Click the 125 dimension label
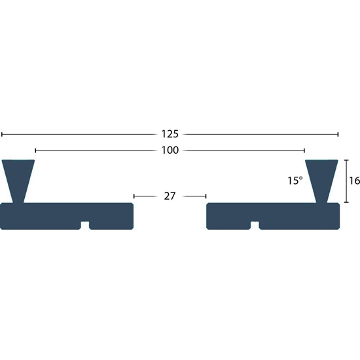pos(170,134)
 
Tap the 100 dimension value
pos(170,151)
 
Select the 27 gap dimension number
pos(170,196)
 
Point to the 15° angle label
pos(295,181)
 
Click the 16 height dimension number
pos(355,181)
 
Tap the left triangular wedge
pos(18,181)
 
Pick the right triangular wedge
pos(321,181)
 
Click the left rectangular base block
pos(67,216)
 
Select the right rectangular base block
pos(273,216)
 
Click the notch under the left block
pos(85,225)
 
